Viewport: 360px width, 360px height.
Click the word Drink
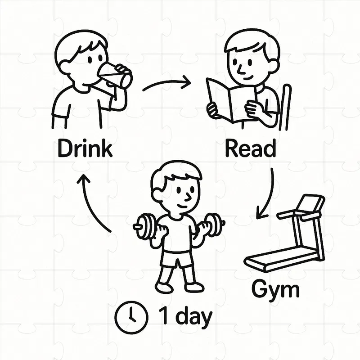coord(85,148)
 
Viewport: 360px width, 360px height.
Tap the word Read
coord(251,148)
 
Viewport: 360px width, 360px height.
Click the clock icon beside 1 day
coord(131,317)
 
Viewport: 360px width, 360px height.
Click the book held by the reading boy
coord(232,101)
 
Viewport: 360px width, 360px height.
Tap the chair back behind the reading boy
coord(286,108)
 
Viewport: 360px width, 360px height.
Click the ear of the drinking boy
coord(64,67)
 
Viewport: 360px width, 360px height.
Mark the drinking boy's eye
coord(90,60)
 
